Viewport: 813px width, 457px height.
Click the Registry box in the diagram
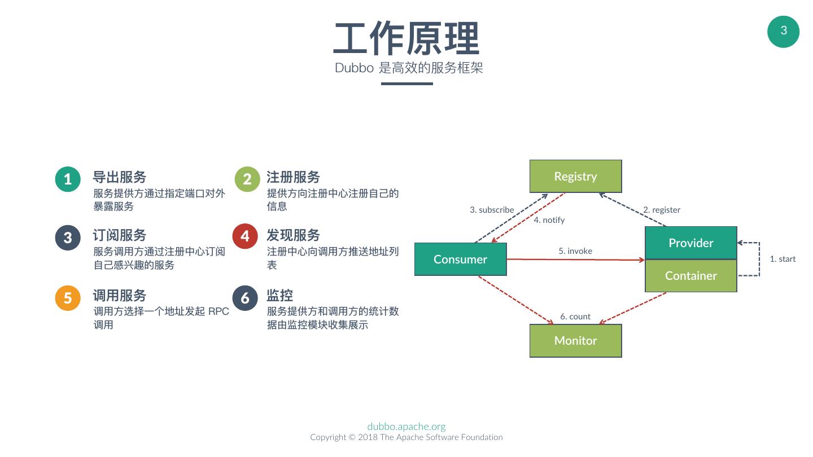pyautogui.click(x=575, y=176)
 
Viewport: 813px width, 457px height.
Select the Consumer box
pyautogui.click(x=460, y=259)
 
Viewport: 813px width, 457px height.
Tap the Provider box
pyautogui.click(x=690, y=243)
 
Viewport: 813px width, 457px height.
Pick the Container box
pyautogui.click(x=690, y=275)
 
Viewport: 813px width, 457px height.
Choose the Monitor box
pyautogui.click(x=575, y=340)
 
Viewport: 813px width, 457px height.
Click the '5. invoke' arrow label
pyautogui.click(x=575, y=251)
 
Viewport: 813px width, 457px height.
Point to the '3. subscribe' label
pyautogui.click(x=492, y=210)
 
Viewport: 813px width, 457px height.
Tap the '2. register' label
pyautogui.click(x=662, y=210)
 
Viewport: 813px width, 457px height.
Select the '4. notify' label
pyautogui.click(x=549, y=220)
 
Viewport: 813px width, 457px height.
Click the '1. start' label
pyautogui.click(x=783, y=259)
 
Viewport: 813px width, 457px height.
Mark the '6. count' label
pyautogui.click(x=575, y=317)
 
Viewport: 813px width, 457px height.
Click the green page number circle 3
pyautogui.click(x=783, y=32)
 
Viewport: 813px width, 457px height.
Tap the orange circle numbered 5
pyautogui.click(x=68, y=297)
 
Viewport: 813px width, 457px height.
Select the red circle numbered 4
pyautogui.click(x=245, y=236)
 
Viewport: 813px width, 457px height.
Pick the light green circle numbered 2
pyautogui.click(x=247, y=179)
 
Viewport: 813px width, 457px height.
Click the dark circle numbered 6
pyautogui.click(x=245, y=297)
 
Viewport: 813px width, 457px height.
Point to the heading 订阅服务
pyautogui.click(x=120, y=235)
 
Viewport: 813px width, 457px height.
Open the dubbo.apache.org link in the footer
pyautogui.click(x=406, y=427)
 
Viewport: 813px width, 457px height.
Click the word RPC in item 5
pyautogui.click(x=218, y=311)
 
